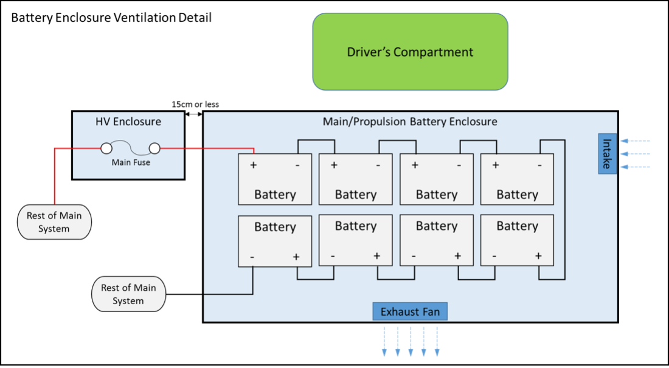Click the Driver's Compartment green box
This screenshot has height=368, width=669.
410,52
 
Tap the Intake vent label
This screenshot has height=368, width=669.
607,153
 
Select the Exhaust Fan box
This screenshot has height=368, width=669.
410,312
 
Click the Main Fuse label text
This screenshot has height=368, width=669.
131,162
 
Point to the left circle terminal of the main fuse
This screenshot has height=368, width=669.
106,148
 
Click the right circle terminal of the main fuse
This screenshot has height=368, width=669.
154,148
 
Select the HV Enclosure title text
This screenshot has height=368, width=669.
128,122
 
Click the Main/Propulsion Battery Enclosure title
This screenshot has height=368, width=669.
410,122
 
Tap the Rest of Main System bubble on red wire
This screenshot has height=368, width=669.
54,222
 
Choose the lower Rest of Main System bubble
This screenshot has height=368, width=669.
128,294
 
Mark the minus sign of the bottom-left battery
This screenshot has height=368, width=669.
252,257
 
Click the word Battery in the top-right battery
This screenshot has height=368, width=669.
517,195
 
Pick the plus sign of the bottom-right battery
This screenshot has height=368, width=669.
538,257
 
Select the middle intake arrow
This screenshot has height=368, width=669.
635,154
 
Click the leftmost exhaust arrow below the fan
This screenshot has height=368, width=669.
384,342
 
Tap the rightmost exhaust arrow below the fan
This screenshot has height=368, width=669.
437,342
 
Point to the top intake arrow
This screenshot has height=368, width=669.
635,141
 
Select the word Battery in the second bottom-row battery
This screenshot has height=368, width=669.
356,226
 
